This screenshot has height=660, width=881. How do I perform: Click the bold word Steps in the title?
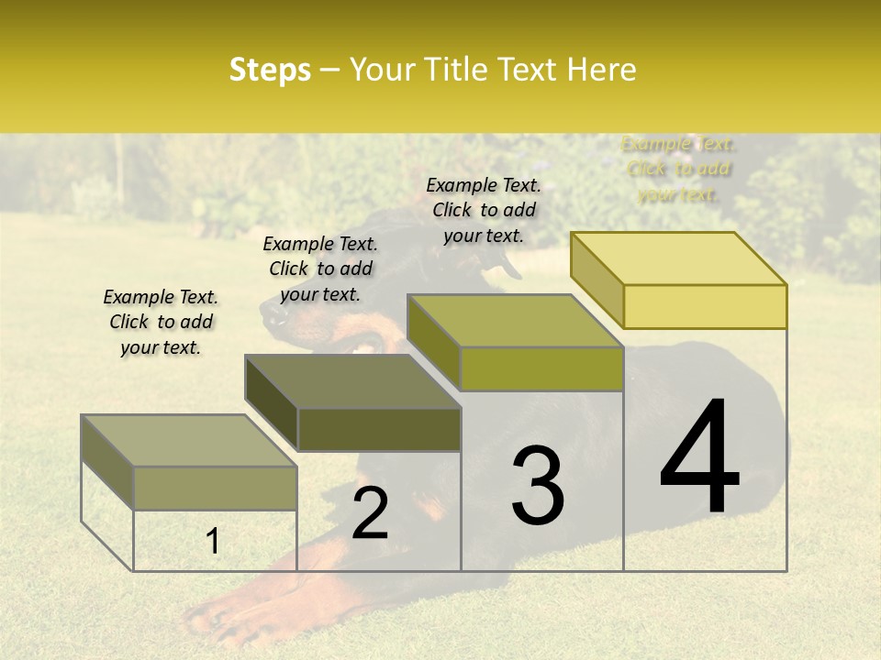pyautogui.click(x=270, y=70)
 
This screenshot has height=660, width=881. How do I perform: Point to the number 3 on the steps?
pyautogui.click(x=537, y=486)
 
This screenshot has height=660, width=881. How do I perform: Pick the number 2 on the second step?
pyautogui.click(x=370, y=513)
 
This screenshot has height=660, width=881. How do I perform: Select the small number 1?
pyautogui.click(x=213, y=541)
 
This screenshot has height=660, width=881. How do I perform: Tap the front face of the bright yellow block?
pyautogui.click(x=705, y=306)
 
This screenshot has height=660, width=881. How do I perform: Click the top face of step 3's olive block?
pyautogui.click(x=515, y=321)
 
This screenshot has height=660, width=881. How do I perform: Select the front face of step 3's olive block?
pyautogui.click(x=541, y=368)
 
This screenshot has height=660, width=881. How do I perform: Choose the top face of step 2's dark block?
pyautogui.click(x=352, y=381)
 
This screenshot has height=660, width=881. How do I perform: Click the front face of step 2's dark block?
pyautogui.click(x=379, y=429)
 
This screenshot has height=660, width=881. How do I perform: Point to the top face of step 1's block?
pyautogui.click(x=189, y=441)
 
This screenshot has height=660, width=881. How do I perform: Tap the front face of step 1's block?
pyautogui.click(x=216, y=488)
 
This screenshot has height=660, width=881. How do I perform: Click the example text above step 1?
pyautogui.click(x=161, y=322)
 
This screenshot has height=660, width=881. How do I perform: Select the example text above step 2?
pyautogui.click(x=320, y=269)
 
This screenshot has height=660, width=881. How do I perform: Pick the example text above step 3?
pyautogui.click(x=484, y=210)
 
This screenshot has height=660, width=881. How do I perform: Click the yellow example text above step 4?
pyautogui.click(x=678, y=169)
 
